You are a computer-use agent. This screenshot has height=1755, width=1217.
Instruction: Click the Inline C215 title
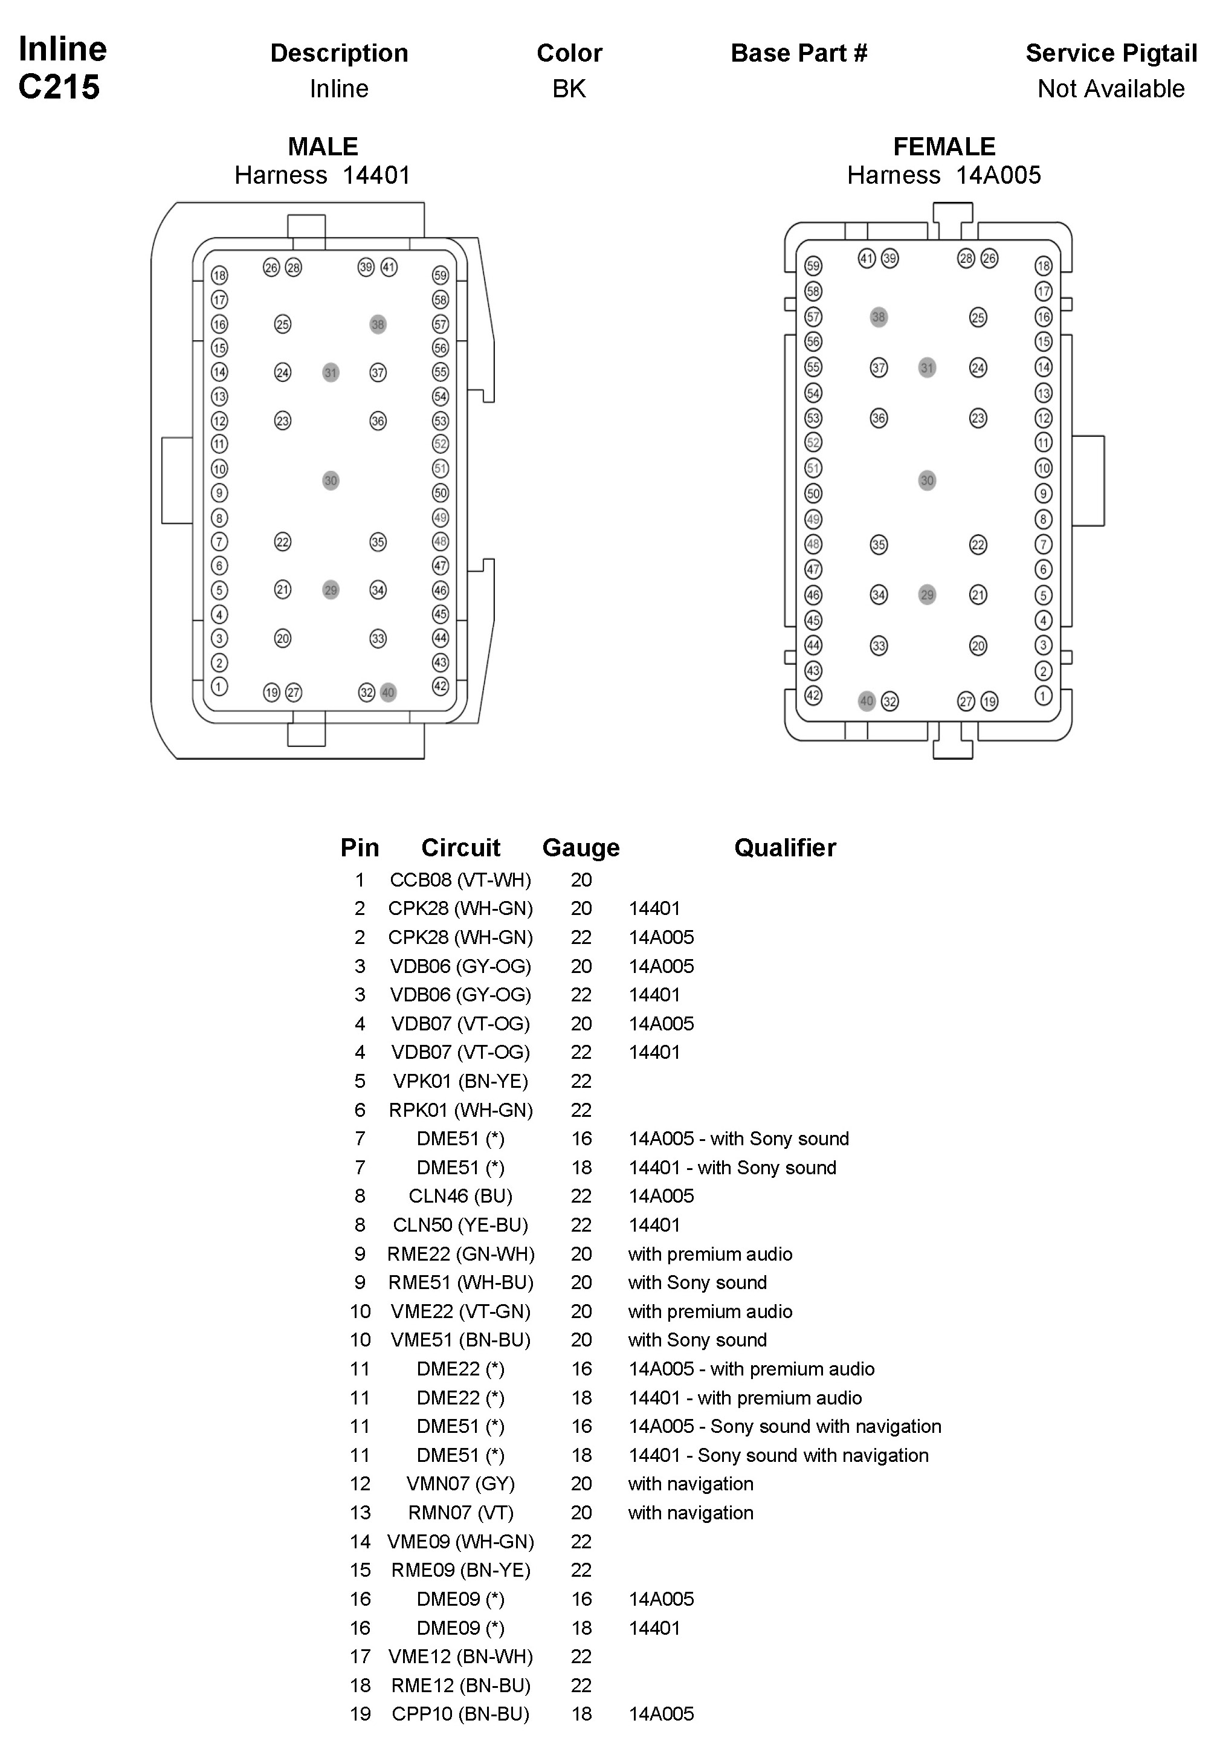click(62, 68)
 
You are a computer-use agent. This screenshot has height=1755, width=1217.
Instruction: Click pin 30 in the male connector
click(330, 480)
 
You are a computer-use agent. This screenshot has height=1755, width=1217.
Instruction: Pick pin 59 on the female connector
click(813, 266)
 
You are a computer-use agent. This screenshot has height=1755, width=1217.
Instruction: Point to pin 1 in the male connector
click(219, 686)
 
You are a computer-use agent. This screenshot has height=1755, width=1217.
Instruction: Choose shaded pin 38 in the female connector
click(879, 317)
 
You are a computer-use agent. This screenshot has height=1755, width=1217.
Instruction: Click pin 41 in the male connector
click(389, 267)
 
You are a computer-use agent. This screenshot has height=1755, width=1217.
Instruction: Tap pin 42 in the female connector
click(813, 695)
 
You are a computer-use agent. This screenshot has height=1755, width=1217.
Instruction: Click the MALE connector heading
click(323, 146)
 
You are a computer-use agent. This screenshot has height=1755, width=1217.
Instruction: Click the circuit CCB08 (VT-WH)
click(460, 880)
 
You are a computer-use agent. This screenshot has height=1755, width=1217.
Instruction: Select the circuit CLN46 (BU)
click(460, 1195)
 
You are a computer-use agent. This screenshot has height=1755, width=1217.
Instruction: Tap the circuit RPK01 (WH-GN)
click(460, 1110)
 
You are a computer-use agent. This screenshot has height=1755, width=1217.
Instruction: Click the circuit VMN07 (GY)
click(460, 1484)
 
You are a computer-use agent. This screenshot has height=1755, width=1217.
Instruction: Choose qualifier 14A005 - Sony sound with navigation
click(784, 1426)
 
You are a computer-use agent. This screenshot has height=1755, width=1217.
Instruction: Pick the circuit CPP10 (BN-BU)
click(460, 1714)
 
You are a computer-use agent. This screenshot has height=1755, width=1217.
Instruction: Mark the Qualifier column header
click(784, 848)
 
